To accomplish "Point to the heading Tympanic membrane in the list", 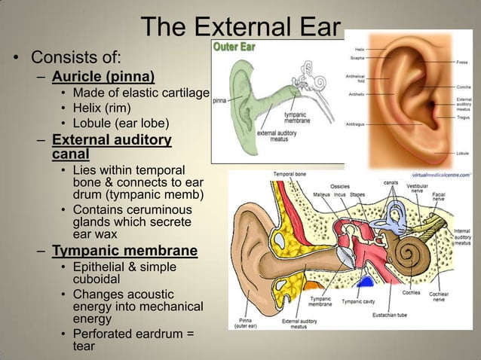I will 124,250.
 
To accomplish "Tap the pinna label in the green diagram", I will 221,99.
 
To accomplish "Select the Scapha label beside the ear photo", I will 358,57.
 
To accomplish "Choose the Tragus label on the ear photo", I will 464,117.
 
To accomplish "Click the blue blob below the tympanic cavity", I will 366,284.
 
